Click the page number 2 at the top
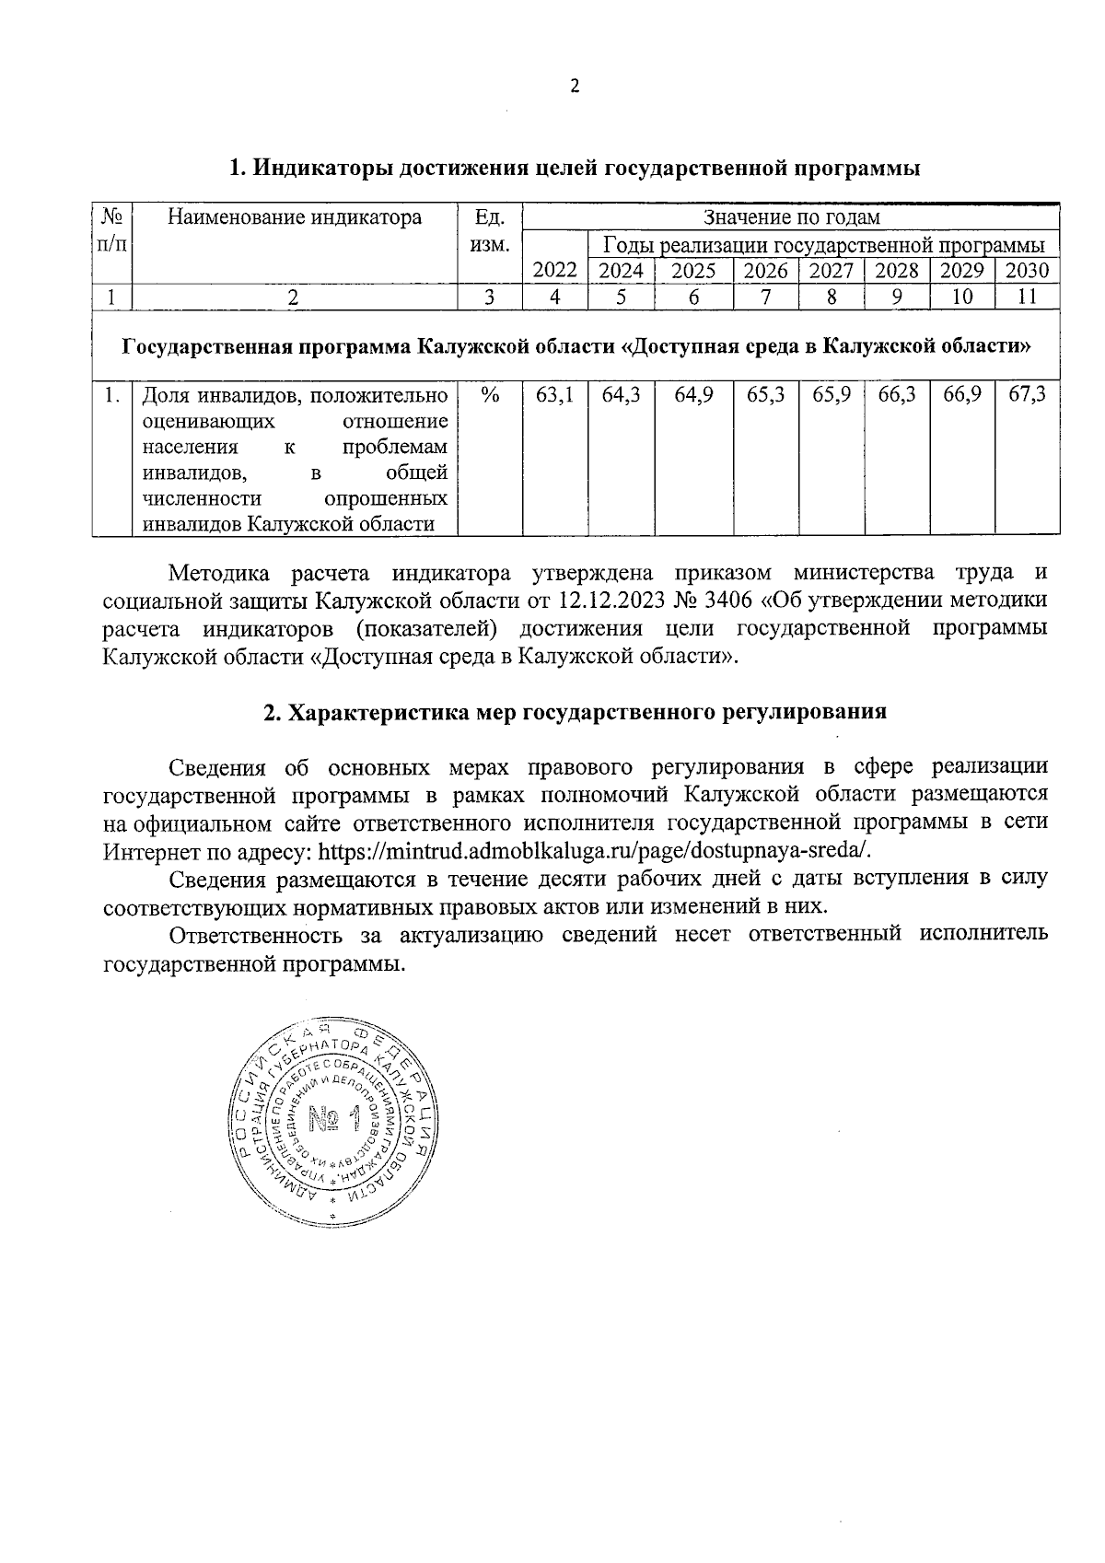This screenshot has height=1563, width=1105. click(576, 87)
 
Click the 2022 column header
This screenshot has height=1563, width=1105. click(554, 271)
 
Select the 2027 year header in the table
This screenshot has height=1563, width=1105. click(831, 271)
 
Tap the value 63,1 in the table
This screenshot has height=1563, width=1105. click(554, 395)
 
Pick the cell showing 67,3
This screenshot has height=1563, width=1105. click(1028, 395)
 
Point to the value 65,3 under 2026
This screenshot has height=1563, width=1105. click(765, 395)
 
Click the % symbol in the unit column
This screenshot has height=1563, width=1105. click(490, 395)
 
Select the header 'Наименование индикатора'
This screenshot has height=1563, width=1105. click(295, 217)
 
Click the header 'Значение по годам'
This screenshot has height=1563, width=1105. click(791, 217)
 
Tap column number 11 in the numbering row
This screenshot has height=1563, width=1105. click(1028, 297)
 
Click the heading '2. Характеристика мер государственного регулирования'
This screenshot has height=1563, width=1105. click(575, 712)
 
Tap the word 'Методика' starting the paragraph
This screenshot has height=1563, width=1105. click(218, 574)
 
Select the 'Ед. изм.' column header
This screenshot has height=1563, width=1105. click(490, 230)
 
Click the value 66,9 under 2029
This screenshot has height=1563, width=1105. click(962, 395)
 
